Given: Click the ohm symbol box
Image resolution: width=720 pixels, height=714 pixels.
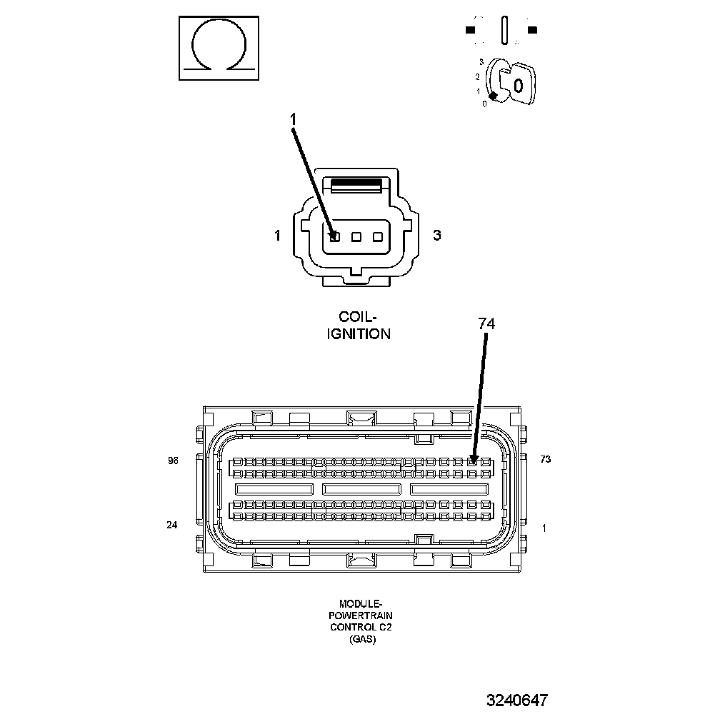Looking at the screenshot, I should point(217,49).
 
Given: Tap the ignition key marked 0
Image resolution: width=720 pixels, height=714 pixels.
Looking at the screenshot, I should point(516,85).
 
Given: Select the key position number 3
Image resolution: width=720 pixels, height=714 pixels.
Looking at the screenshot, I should point(481,63).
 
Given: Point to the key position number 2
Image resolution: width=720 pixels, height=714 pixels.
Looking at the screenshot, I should point(477,76).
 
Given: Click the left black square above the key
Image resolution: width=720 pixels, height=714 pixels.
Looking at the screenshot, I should point(470,30).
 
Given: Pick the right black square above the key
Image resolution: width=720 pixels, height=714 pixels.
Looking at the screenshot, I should point(531,30).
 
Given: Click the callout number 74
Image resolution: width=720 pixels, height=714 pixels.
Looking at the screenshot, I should point(486,323).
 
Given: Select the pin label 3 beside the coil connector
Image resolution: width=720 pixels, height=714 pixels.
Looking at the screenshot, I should point(436,236).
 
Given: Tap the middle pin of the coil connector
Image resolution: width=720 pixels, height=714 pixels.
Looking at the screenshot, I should point(356,236).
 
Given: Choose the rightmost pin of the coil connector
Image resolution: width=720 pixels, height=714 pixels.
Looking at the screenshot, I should point(378,236).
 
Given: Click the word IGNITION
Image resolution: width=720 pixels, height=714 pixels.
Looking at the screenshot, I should point(359,333).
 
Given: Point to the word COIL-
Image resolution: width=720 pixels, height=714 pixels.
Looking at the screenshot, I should point(357,316).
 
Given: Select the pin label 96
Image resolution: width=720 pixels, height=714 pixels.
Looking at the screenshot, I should point(172,461).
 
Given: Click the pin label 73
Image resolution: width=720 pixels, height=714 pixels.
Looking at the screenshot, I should point(545,459).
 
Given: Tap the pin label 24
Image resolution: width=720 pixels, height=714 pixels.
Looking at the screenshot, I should point(171,525).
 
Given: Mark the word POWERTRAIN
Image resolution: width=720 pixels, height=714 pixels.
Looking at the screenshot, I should point(361,615).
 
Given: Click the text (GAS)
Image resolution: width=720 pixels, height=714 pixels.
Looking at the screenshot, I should point(362,640).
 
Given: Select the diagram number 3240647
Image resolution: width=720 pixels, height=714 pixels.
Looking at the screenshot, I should point(517,700).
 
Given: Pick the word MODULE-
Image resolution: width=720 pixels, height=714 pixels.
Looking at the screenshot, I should point(361,603).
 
